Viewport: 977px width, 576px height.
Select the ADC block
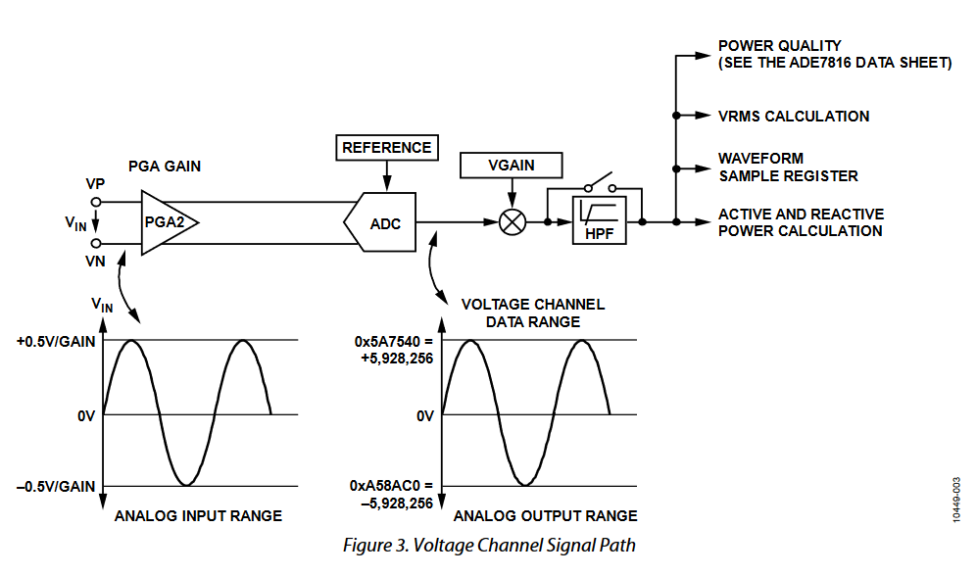[383, 222]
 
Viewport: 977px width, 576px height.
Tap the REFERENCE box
[386, 148]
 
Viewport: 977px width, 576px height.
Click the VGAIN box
[511, 165]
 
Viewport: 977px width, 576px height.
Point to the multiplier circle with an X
[512, 222]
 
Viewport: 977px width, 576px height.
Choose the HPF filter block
[599, 221]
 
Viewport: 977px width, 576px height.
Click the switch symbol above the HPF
[598, 186]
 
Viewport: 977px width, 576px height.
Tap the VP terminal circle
[96, 202]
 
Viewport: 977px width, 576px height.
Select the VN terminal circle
[96, 243]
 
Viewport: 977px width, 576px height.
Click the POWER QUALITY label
[779, 46]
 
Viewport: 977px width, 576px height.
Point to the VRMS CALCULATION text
[793, 116]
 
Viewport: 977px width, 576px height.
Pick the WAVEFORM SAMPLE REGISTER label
[787, 168]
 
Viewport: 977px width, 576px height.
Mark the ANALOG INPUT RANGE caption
[198, 516]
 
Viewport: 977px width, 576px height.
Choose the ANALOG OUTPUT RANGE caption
[546, 516]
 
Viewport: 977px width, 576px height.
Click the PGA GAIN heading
[165, 167]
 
